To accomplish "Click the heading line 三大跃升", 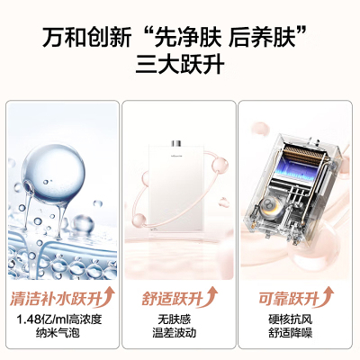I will coord(180,66).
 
